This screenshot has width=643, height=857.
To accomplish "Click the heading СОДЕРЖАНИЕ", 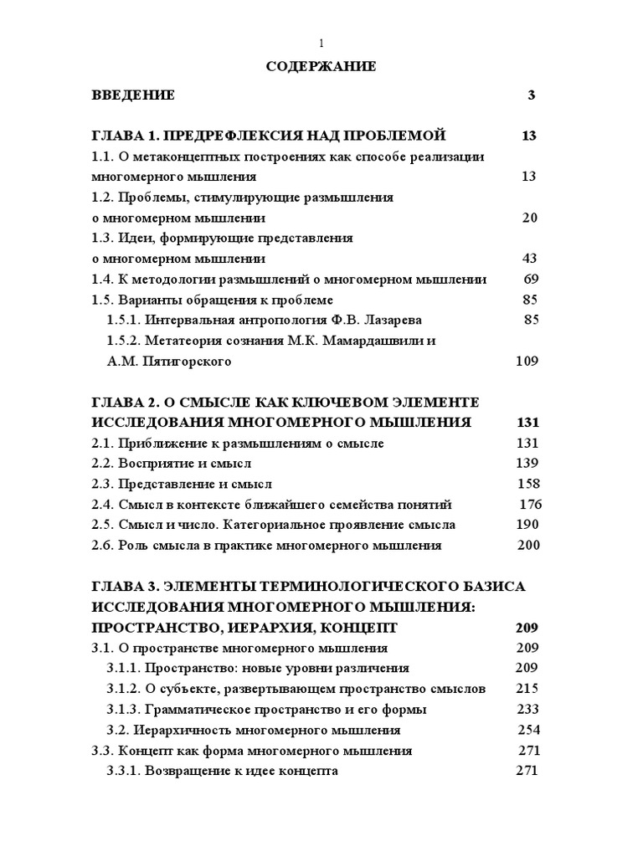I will pos(321,67).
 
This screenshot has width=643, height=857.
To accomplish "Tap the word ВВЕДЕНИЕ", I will pos(133,95).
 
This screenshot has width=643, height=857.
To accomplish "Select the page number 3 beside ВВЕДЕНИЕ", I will pos(531,95).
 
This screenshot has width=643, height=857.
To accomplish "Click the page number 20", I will pos(529,218).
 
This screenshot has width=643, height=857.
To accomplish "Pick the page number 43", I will pos(529,259).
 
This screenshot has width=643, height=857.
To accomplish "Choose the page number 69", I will pos(530,279).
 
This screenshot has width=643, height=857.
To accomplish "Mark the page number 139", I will pos(527,463).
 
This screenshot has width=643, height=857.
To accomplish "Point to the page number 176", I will pos(531,504).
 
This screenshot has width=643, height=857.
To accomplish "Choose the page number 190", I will pos(528,525).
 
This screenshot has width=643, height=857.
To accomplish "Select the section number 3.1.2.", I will pos(123,689).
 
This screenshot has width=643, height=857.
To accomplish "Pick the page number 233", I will pos(528,709).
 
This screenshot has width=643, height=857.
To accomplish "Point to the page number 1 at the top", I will pos(321,44).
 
